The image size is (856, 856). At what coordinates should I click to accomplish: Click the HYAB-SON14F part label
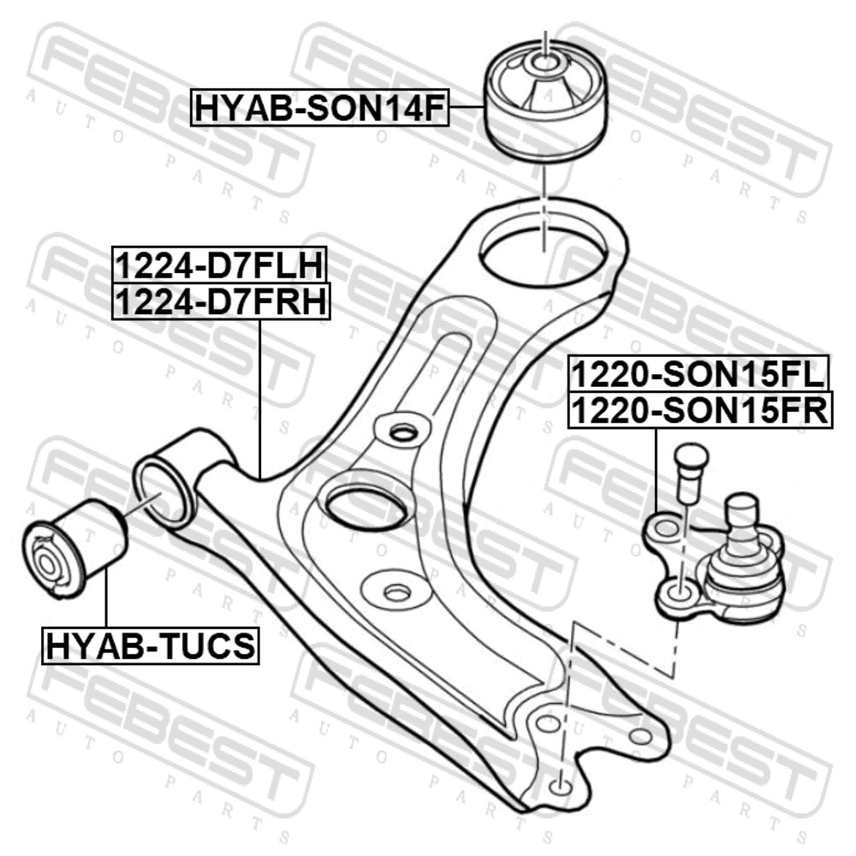[319, 108]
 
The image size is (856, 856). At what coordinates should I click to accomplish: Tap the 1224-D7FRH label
[221, 301]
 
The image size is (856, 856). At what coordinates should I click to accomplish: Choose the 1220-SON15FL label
[698, 373]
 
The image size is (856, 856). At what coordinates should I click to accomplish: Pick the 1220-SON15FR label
[700, 410]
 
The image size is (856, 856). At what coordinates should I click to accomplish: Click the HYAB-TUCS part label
[151, 645]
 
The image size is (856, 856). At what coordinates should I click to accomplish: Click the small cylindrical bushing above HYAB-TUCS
[76, 548]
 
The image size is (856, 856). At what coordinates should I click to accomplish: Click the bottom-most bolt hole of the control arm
[560, 787]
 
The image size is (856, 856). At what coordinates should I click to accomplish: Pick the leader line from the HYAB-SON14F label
[467, 108]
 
